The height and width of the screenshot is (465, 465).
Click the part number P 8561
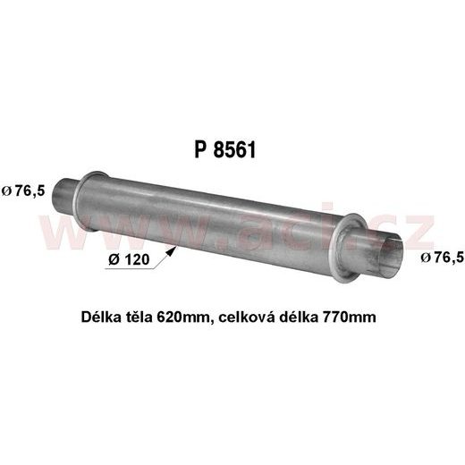pos(225,150)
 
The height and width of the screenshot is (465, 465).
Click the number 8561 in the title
pos(236,150)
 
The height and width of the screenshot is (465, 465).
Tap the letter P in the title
pos(199,150)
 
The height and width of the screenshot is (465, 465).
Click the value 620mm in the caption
pos(183,317)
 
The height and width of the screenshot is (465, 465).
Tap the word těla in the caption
pos(140,317)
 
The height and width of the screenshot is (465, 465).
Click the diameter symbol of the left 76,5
pos(7,190)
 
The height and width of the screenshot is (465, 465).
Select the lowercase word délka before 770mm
pos(300,317)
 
